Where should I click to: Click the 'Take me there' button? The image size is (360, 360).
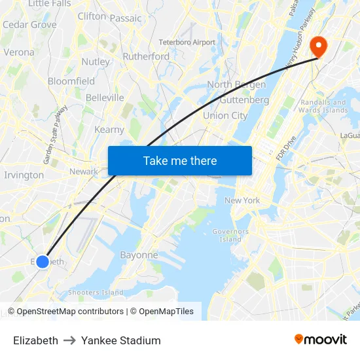tap(180, 161)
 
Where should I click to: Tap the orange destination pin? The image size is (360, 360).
tap(319, 45)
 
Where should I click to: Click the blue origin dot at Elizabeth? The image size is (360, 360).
tap(43, 262)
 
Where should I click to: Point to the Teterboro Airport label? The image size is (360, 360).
tap(187, 42)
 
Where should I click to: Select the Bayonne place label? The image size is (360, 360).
tap(139, 255)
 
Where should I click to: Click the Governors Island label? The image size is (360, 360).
tap(231, 236)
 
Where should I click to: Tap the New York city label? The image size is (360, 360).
tap(242, 200)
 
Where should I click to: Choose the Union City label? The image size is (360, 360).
tap(225, 116)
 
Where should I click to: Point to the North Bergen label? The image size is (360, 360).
tap(236, 84)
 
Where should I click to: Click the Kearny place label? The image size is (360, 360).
tap(109, 130)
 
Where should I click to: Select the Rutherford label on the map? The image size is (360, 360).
tap(146, 56)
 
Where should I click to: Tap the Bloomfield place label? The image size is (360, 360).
tap(71, 82)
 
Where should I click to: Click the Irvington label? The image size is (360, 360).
tap(24, 175)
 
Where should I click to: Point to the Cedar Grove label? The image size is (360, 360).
tap(29, 25)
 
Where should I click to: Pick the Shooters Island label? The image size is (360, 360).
tap(96, 293)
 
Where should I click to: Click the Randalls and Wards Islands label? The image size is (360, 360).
tap(323, 106)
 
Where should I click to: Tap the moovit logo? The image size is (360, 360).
tap(321, 340)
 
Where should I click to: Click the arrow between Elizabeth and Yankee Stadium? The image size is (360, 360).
tap(69, 340)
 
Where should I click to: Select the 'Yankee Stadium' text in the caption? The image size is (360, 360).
tap(121, 340)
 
